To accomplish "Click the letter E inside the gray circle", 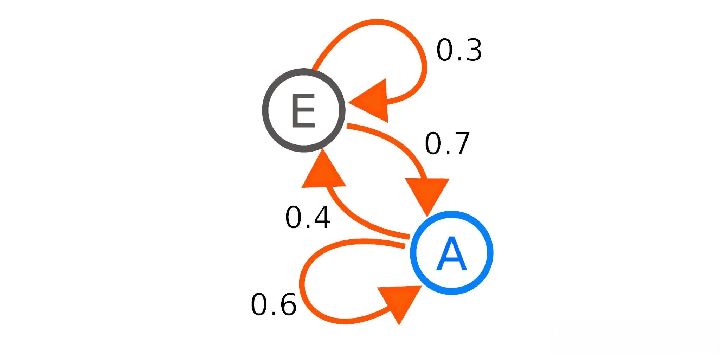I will tap(303, 110).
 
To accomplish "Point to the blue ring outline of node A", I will tap(489, 253).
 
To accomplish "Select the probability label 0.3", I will tap(459, 50).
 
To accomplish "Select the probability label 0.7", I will tap(447, 143).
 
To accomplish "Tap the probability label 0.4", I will tap(308, 218).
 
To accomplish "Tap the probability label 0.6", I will tap(274, 304).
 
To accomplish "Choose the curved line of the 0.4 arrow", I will tap(362, 225).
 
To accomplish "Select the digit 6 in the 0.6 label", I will tap(287, 304).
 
